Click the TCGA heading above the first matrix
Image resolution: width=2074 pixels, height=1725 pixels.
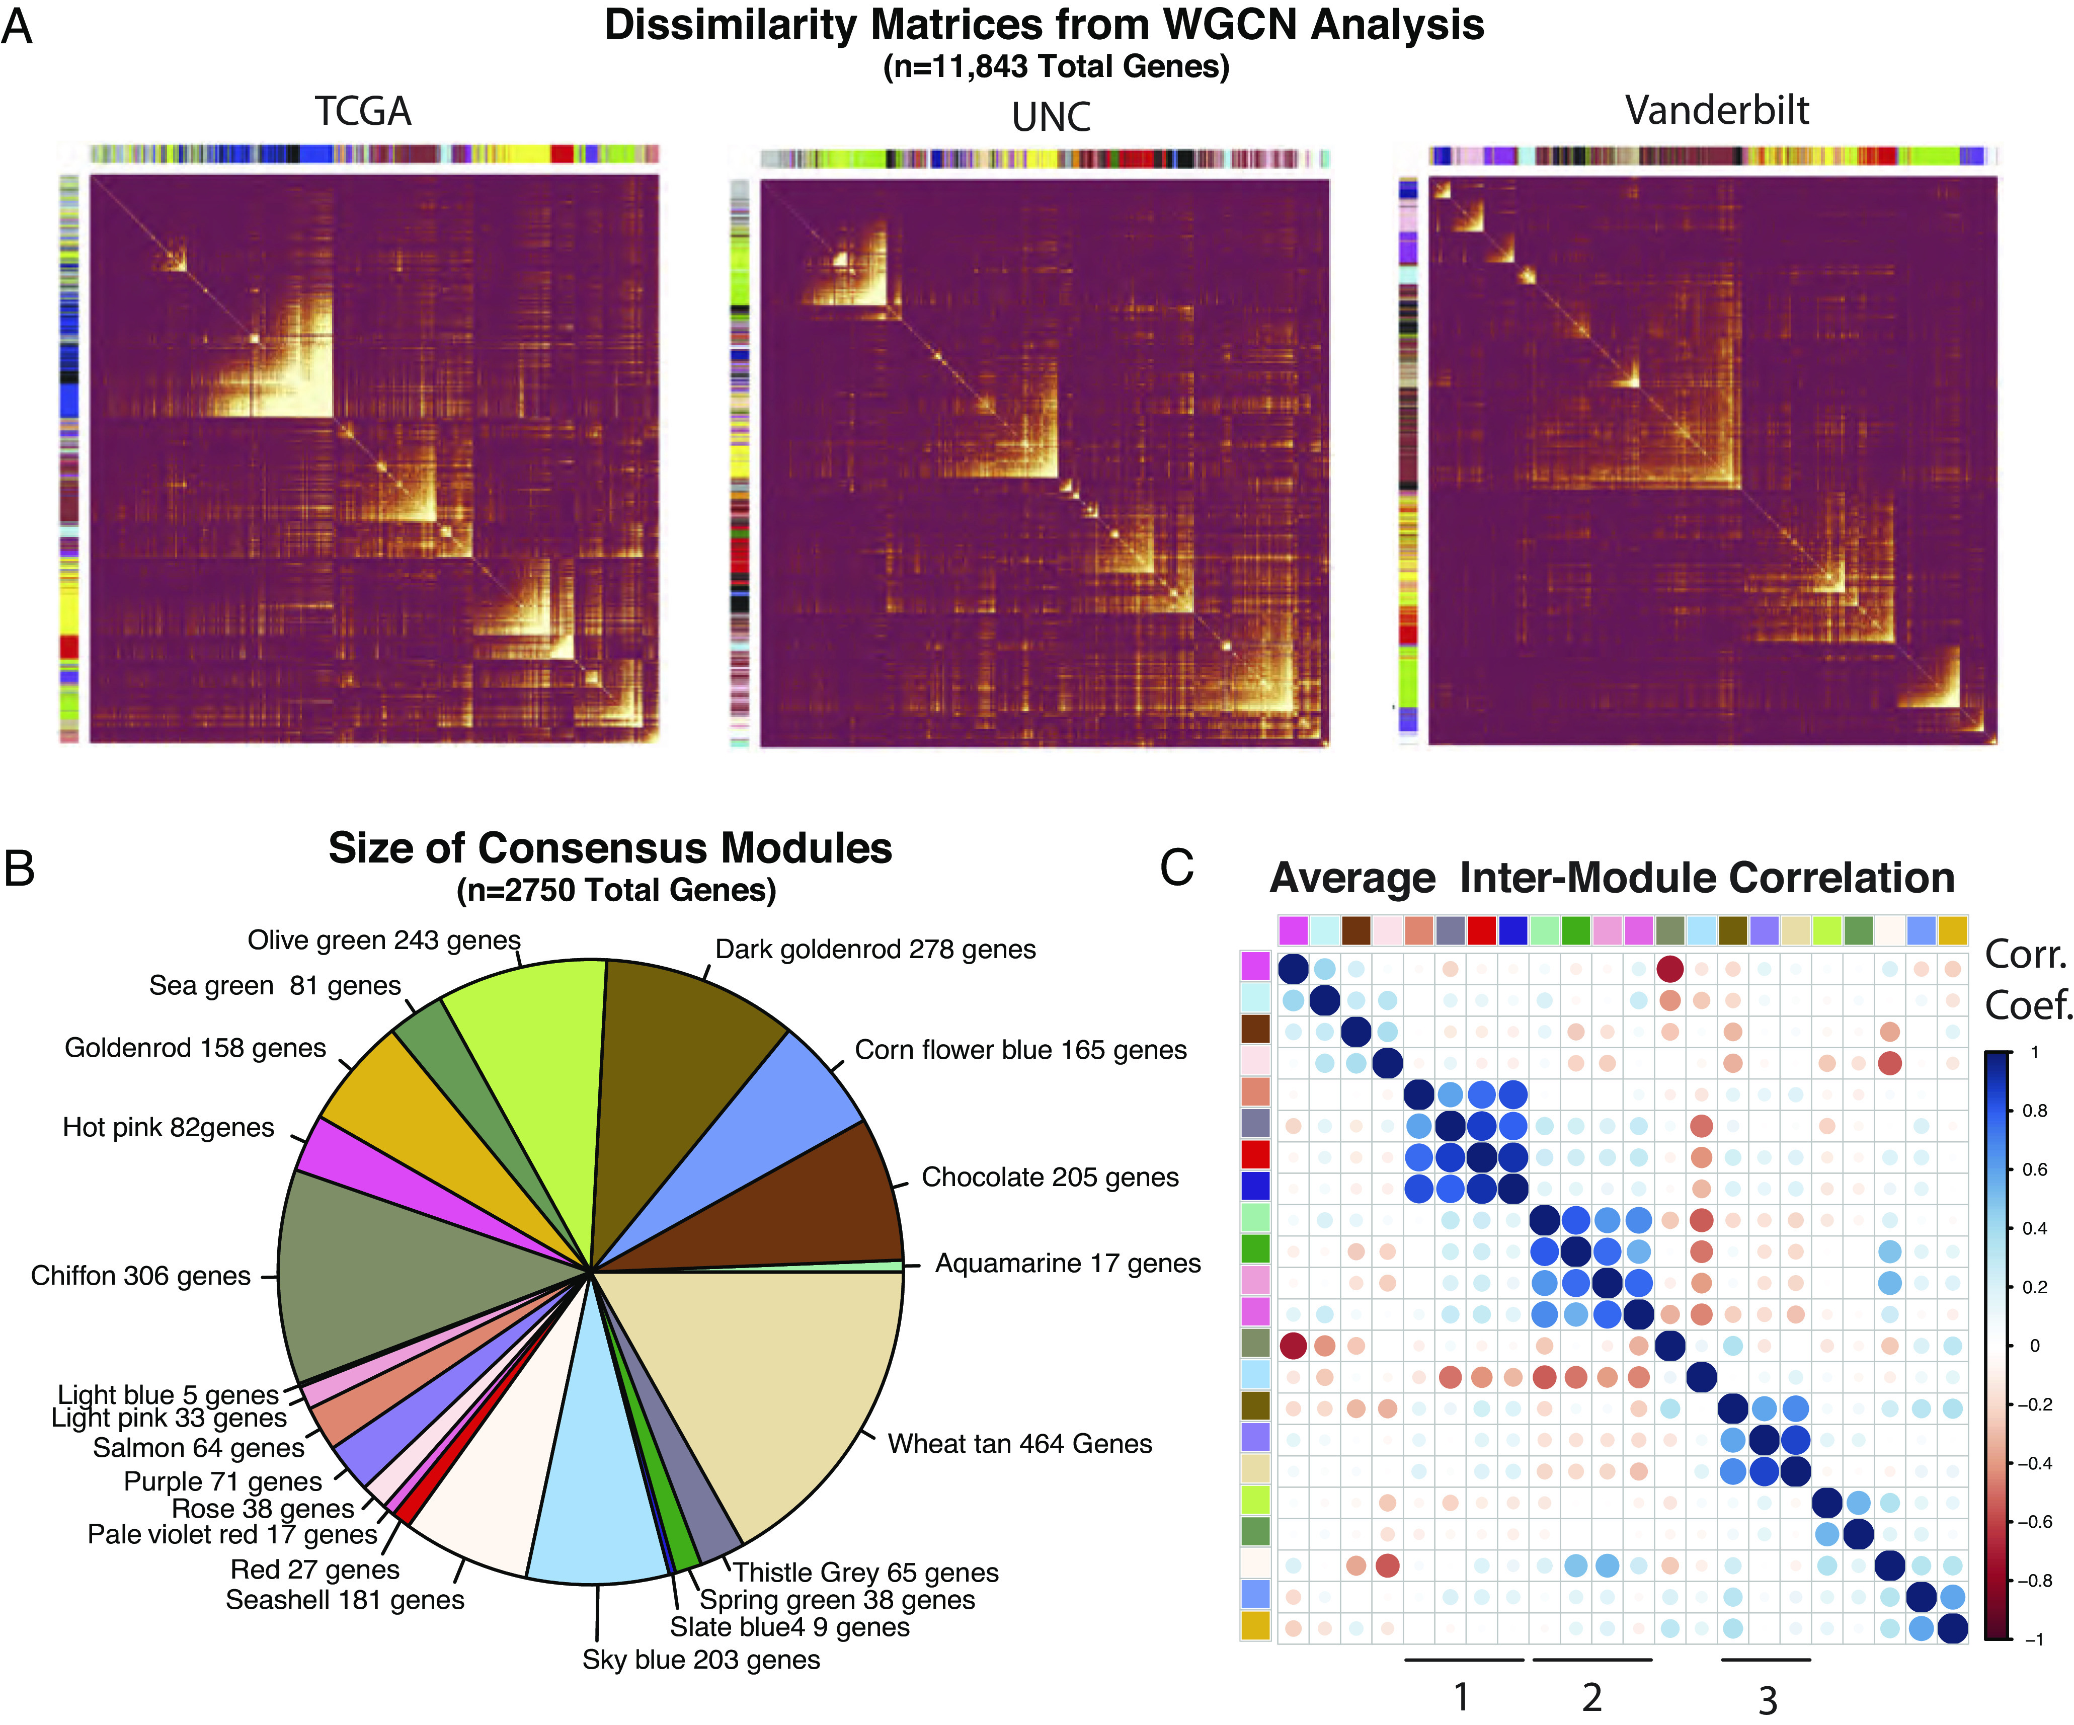pos(362,112)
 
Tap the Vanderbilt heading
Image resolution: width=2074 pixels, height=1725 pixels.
pos(1716,111)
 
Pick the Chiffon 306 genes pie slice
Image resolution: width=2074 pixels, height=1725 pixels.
pos(395,1275)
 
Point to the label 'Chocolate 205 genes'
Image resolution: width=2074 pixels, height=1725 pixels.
pos(1050,1178)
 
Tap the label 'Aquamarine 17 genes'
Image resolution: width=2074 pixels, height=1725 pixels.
pos(1068,1264)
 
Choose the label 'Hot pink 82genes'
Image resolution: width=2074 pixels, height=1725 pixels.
pos(168,1128)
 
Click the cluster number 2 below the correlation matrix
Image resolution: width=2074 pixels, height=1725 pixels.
pos(1591,1697)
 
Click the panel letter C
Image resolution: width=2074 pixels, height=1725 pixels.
pos(1176,868)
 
